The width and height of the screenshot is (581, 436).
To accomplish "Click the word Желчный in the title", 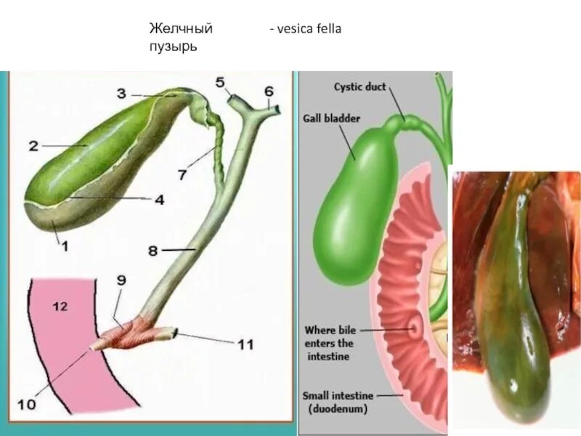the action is tap(181, 29).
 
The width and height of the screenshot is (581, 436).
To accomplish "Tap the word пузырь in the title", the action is tap(174, 45).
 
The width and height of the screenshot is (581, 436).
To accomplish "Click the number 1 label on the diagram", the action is tap(64, 246).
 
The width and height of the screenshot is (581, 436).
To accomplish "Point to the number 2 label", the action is tap(33, 145).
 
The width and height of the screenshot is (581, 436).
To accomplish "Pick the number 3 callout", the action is tap(121, 93).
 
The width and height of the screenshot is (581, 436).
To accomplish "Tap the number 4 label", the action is tap(158, 198).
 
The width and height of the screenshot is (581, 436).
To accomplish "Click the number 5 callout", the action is tap(219, 83).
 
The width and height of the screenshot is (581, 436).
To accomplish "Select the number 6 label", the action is tap(268, 92).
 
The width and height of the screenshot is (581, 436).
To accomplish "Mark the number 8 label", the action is tap(153, 251).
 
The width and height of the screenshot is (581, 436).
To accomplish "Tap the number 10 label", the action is tap(26, 404).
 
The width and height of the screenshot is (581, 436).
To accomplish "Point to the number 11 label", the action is tap(245, 343).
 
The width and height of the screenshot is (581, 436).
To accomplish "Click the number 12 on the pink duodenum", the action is tap(60, 307).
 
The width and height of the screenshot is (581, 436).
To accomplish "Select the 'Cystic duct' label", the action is tap(359, 87).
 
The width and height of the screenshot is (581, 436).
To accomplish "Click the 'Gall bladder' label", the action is tap(331, 118).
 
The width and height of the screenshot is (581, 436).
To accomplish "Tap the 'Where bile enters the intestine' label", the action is tap(329, 343).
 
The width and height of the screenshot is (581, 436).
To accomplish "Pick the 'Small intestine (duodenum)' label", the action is tap(338, 402).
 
